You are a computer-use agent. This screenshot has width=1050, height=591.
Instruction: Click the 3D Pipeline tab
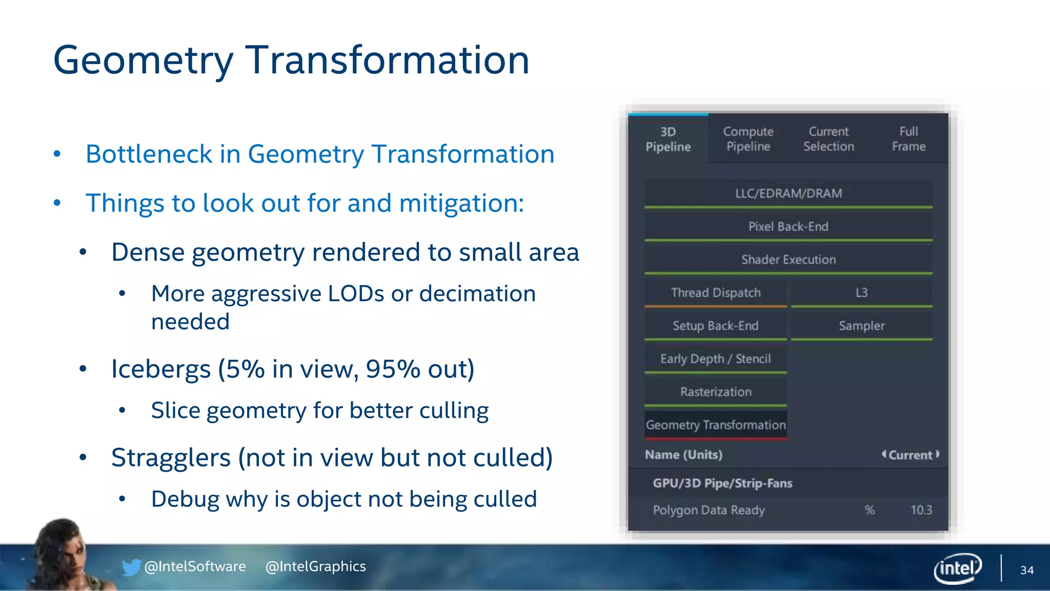(x=668, y=139)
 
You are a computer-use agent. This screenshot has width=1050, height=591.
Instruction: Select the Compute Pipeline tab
(x=748, y=139)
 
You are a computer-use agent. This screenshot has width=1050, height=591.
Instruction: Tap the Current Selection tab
(x=829, y=139)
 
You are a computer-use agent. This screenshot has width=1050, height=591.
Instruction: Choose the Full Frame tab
(x=908, y=139)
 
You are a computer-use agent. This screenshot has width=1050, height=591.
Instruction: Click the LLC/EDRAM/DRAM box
(x=788, y=193)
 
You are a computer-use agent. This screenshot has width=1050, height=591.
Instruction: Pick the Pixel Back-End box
(x=788, y=226)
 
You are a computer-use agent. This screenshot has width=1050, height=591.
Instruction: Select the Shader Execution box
(x=788, y=260)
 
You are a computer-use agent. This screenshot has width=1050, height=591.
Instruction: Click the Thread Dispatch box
(x=716, y=292)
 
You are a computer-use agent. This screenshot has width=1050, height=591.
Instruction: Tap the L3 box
(x=861, y=292)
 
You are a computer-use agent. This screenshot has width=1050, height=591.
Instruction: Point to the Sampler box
(x=861, y=326)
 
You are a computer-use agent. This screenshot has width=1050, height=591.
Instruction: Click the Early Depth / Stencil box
(x=716, y=359)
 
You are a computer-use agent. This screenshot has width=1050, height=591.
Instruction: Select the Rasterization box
(x=716, y=392)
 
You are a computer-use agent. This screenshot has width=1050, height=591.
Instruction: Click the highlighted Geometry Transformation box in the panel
(x=716, y=425)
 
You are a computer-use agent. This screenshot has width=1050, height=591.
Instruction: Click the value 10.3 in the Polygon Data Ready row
(x=921, y=510)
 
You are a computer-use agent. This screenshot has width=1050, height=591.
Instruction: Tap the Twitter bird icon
(x=131, y=567)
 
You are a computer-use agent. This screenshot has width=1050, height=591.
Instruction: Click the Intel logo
(x=957, y=568)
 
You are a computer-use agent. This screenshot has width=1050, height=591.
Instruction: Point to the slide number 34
(x=1026, y=570)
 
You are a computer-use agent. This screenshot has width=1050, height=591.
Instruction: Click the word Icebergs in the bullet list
(x=161, y=369)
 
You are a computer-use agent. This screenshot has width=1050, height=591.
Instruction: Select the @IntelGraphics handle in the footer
(x=315, y=566)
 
